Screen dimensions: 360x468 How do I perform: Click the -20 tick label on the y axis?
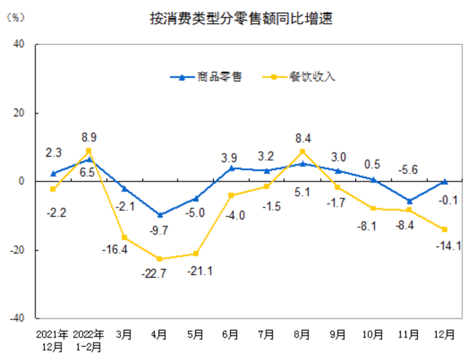tap(16, 250)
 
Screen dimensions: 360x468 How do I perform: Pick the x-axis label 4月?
tap(160, 334)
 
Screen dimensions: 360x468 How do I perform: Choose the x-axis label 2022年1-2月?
tap(89, 340)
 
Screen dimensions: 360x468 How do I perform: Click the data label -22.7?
tap(160, 274)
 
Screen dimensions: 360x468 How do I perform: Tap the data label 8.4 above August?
tap(302, 138)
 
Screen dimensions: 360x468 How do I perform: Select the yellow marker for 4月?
tap(160, 259)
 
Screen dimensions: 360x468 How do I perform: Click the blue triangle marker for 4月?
tap(160, 215)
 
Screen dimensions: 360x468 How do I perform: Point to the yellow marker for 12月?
tap(445, 229)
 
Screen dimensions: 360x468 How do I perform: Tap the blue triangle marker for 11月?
tap(409, 200)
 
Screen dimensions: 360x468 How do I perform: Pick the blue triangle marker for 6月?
tap(231, 168)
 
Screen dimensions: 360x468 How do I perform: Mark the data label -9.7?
tap(160, 231)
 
